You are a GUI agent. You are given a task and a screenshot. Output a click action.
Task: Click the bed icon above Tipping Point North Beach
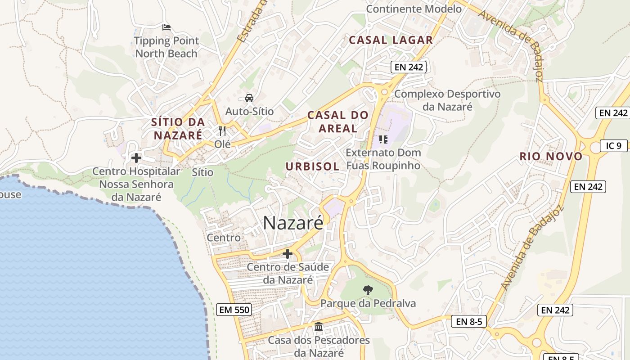[166, 27]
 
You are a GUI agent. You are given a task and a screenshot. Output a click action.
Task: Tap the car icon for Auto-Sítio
[249, 98]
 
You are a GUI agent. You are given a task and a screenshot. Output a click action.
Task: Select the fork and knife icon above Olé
[222, 131]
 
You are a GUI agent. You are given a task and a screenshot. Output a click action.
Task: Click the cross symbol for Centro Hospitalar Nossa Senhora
[136, 158]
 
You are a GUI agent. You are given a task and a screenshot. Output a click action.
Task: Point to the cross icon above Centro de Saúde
[288, 254]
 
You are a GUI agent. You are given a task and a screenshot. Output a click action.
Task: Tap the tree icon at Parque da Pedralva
[368, 290]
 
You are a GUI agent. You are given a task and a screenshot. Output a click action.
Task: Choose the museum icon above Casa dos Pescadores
[319, 326]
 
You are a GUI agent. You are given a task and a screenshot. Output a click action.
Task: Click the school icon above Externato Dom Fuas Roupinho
[383, 139]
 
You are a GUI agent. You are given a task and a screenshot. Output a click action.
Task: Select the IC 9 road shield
[613, 145]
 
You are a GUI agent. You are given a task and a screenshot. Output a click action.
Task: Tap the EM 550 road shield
[234, 310]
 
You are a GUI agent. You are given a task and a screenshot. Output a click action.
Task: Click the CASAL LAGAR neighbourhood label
[391, 40]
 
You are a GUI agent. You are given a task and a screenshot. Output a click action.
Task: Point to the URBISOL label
[312, 166]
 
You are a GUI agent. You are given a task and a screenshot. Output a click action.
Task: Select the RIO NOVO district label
[551, 157]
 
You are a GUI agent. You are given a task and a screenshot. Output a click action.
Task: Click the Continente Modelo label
[414, 9]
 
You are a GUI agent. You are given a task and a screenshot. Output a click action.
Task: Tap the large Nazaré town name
[293, 223]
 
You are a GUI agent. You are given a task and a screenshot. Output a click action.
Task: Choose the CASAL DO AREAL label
[337, 121]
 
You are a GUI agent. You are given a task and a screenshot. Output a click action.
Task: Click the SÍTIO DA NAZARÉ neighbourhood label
[178, 128]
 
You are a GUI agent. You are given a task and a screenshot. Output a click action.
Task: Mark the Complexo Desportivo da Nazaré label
[447, 100]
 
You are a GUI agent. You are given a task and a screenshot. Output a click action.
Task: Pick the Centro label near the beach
[224, 238]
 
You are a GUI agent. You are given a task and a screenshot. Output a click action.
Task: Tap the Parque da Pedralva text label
[368, 303]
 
